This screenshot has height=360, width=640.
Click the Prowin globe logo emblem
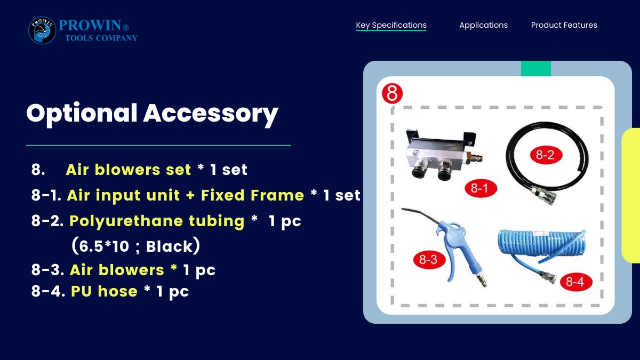tap(42, 30)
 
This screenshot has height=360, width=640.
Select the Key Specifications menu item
tap(391, 25)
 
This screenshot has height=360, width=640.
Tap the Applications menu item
tap(483, 25)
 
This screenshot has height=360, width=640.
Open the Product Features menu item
tap(564, 25)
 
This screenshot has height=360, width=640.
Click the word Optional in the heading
tap(82, 114)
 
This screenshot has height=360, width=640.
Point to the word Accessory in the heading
tap(211, 114)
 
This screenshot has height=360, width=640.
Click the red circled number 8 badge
tap(392, 93)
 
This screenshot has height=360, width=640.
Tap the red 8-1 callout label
tap(481, 188)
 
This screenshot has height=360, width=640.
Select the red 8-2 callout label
tap(546, 155)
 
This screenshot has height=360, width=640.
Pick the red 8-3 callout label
tap(429, 260)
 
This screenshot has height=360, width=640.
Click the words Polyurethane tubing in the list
tap(157, 221)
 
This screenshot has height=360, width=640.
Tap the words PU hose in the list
tap(104, 291)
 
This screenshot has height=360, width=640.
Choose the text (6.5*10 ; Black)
tap(135, 245)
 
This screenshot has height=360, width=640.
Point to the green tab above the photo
tap(536, 69)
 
